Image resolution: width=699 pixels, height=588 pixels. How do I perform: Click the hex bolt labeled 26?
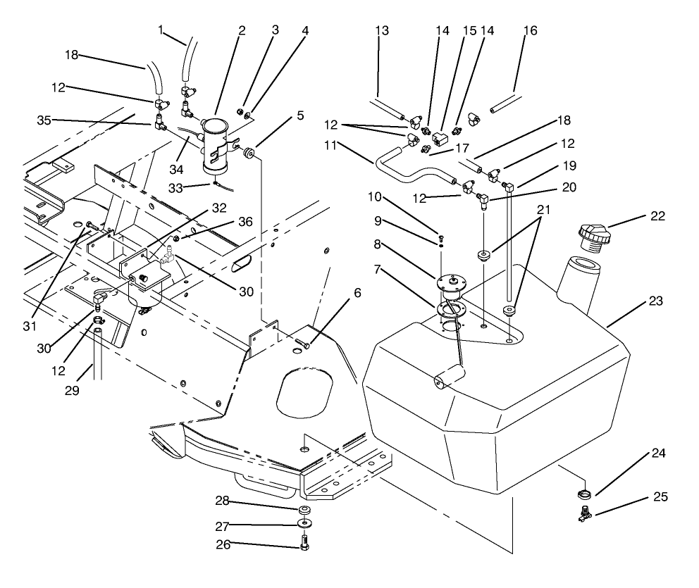point(304,544)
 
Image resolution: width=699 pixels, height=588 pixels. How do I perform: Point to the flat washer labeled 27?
point(304,524)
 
